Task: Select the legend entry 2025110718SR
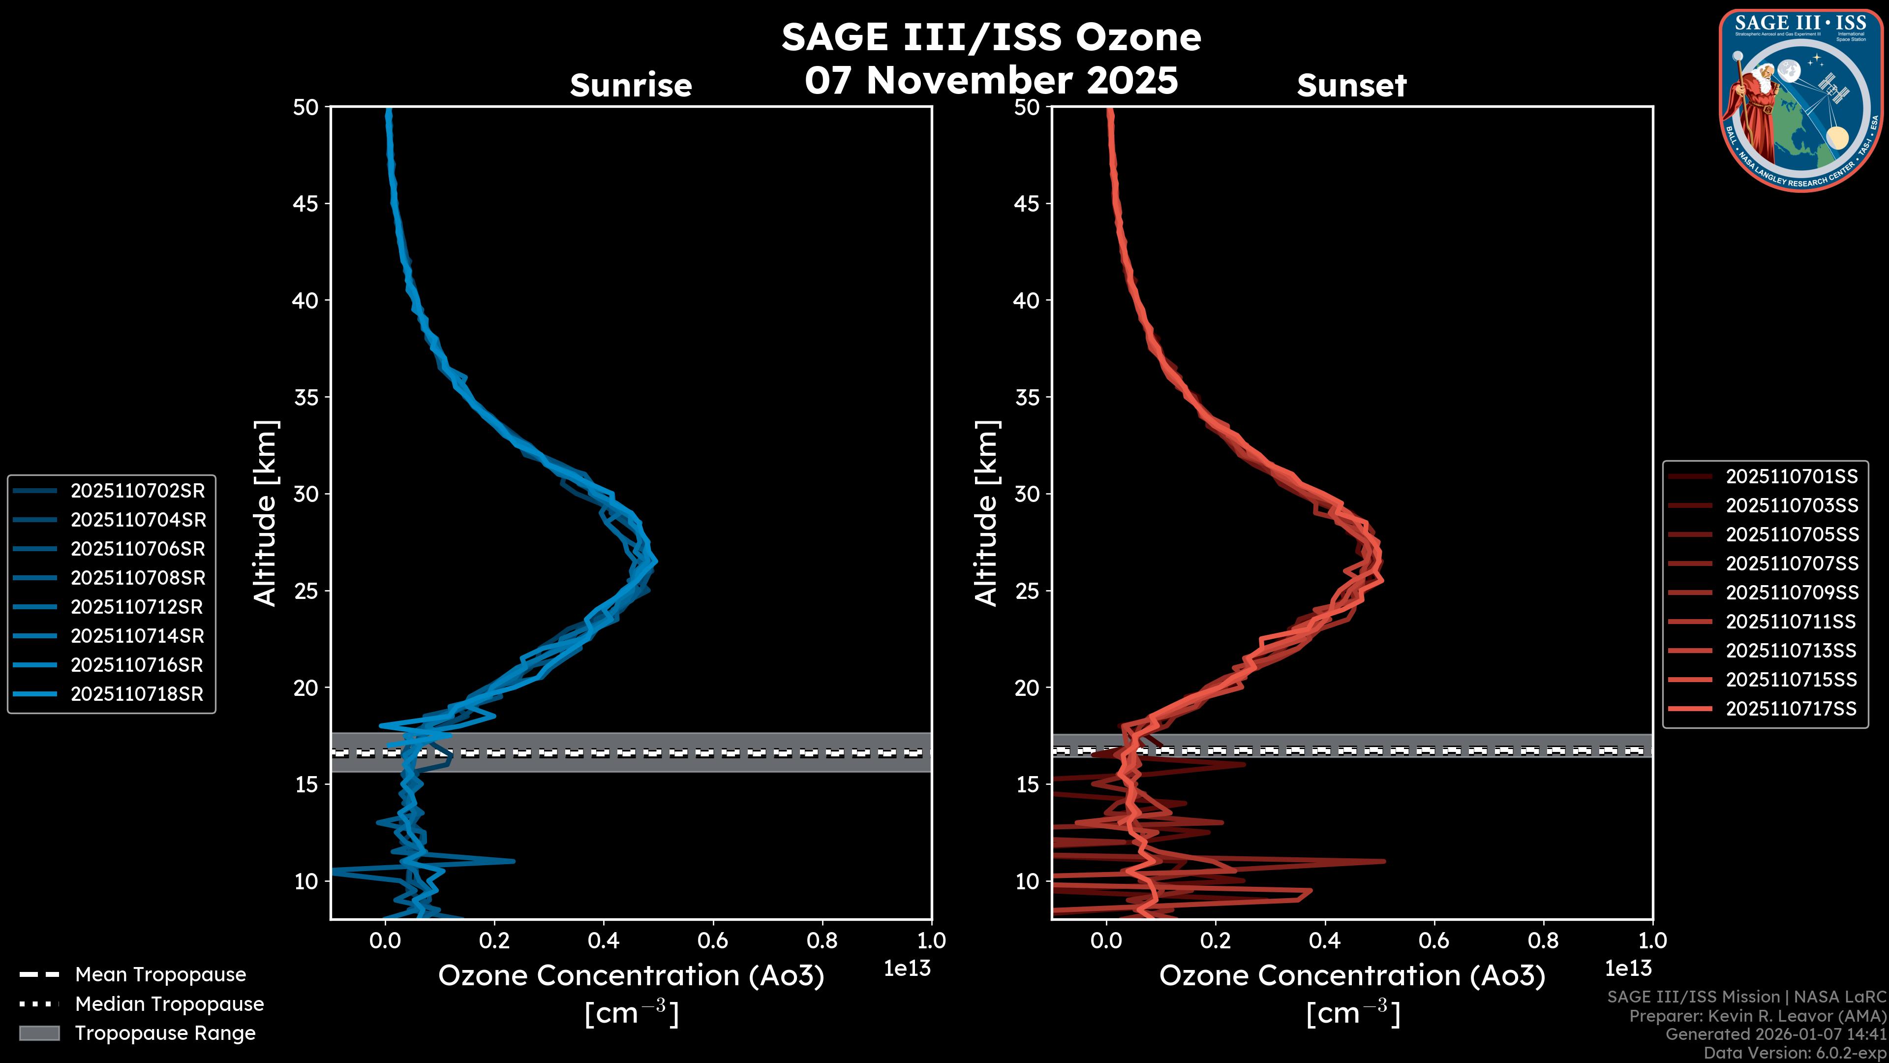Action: click(136, 694)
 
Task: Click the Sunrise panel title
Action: click(631, 86)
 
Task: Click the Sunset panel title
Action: click(1351, 86)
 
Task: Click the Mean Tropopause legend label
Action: click(160, 975)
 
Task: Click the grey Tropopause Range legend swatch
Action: click(39, 1033)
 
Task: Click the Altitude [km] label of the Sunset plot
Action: click(986, 513)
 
